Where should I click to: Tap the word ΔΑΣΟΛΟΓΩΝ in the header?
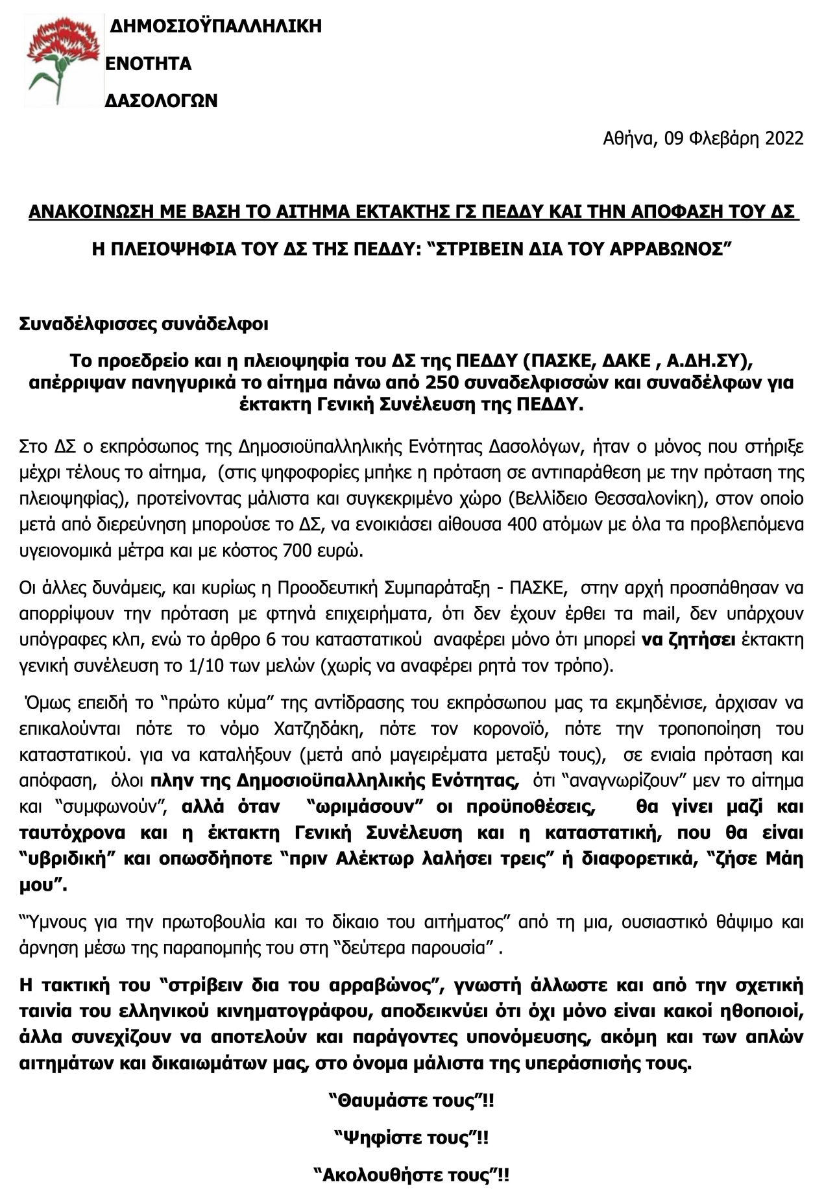tap(161, 101)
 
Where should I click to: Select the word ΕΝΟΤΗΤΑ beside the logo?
tap(149, 64)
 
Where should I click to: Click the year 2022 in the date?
tap(782, 138)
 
